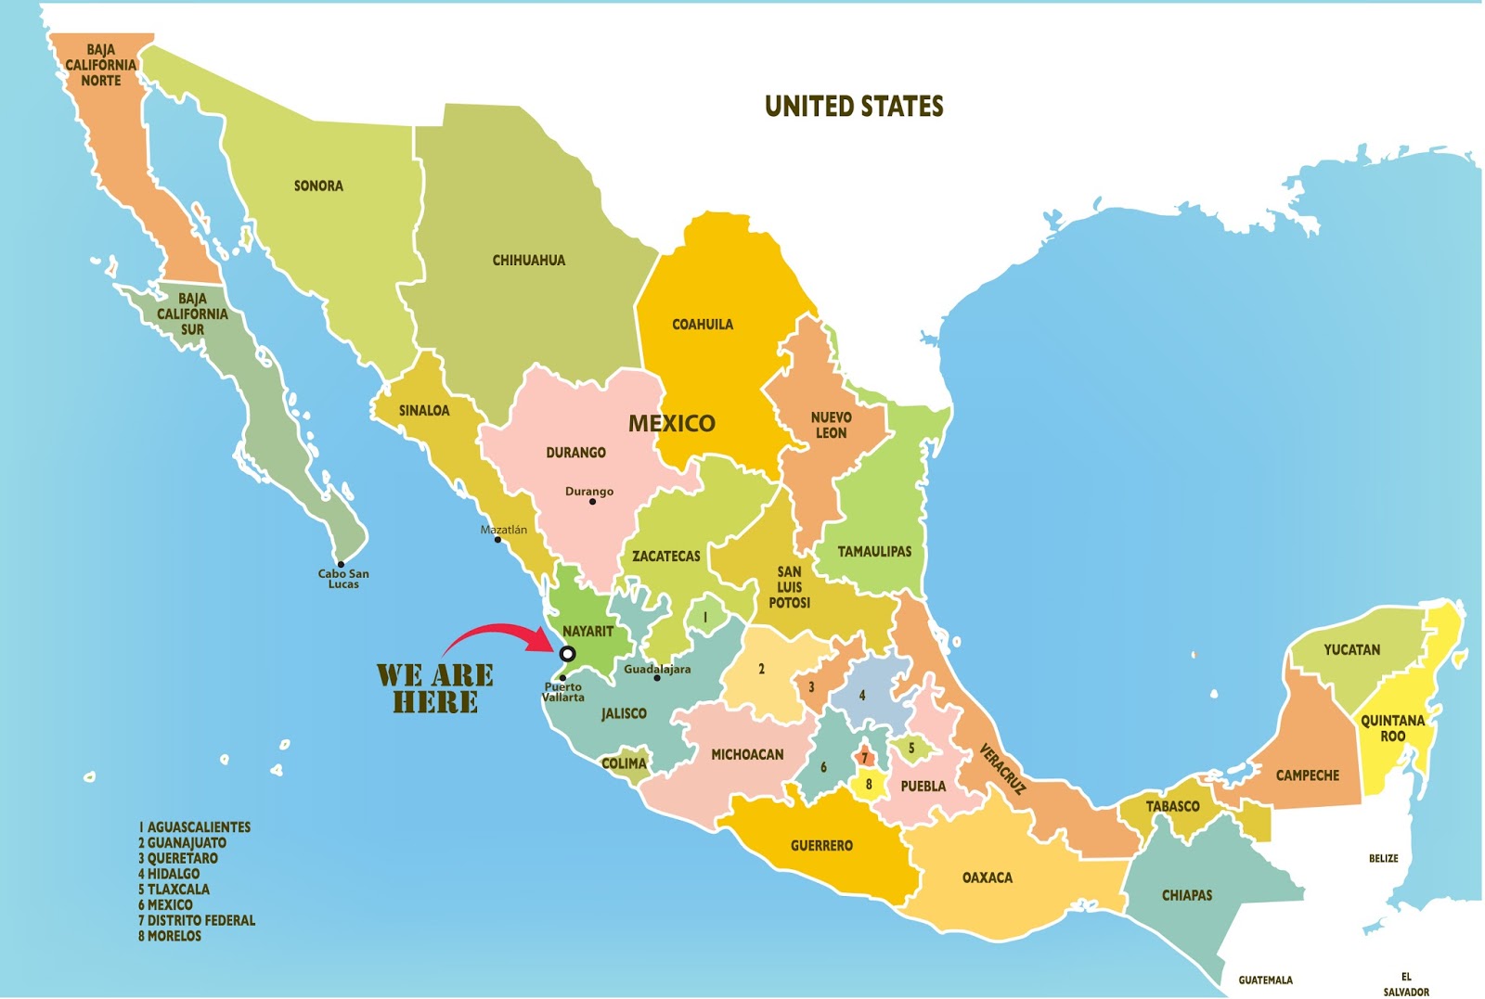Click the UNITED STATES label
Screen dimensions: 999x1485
coord(854,107)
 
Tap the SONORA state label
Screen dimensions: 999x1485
coord(318,186)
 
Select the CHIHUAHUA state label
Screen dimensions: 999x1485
coord(528,261)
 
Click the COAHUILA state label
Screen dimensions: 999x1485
coord(703,325)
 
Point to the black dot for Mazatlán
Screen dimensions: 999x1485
coord(498,540)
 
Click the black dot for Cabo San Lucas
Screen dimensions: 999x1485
coord(341,564)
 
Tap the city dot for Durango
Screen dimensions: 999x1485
coord(592,502)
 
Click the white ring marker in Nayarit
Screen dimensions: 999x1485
coord(567,654)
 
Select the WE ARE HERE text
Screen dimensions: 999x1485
coord(434,688)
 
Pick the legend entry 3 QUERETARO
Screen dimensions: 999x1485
coord(178,858)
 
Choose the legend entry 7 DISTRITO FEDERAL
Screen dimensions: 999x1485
coord(197,920)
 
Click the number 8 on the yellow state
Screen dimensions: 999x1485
coord(869,784)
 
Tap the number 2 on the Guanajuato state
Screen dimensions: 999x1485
coord(761,669)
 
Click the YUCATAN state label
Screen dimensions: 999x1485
coord(1351,649)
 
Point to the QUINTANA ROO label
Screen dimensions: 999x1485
coord(1392,728)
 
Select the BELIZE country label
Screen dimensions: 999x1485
coord(1383,858)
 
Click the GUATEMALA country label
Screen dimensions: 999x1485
coord(1265,980)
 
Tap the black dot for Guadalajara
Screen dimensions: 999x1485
coord(657,678)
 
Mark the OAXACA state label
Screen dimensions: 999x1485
coord(987,877)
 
